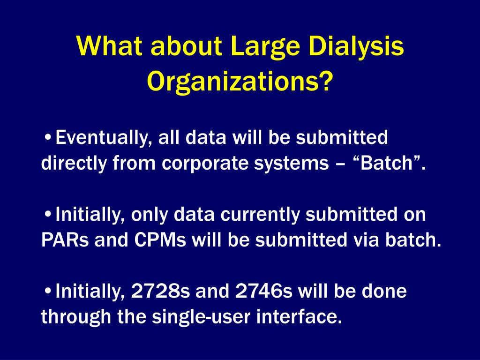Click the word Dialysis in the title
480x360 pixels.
pos(356,47)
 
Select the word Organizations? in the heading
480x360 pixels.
pos(240,82)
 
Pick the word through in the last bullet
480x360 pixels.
pos(76,317)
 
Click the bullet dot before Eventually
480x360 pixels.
pos(47,138)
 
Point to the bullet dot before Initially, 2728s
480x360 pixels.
pos(47,291)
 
